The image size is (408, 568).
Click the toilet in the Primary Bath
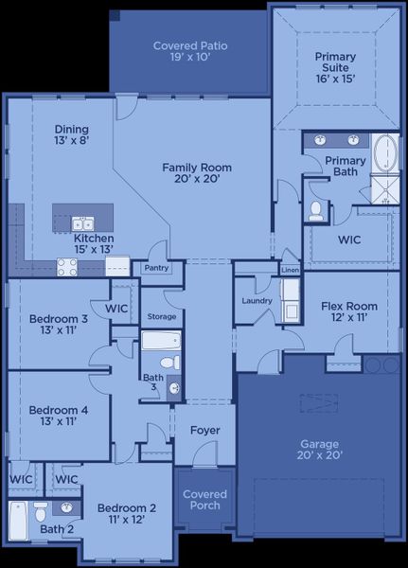317,210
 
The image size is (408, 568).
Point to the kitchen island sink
83,223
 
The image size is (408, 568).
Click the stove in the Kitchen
67,267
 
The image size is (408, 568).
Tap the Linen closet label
290,271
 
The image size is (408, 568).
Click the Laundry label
257,301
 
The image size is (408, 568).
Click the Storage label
161,316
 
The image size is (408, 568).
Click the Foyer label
204,431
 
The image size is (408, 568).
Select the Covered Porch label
204,499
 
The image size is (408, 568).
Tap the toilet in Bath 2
41,512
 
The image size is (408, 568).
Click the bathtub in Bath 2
16,522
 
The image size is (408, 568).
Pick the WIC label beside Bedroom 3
116,309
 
